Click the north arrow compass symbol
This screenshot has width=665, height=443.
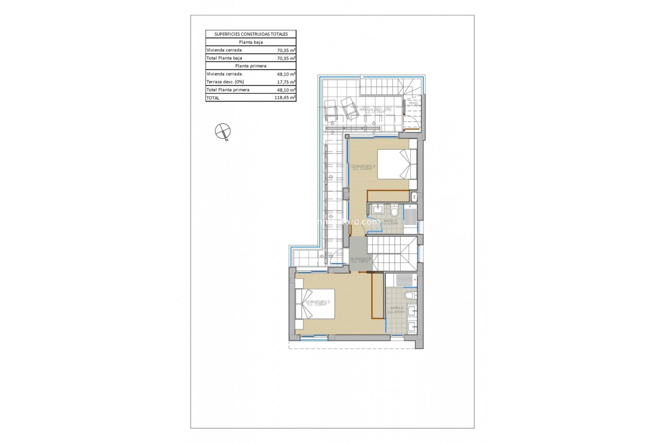[x=223, y=132]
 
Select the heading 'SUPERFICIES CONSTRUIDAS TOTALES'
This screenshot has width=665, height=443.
[x=251, y=34]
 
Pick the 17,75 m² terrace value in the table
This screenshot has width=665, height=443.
[x=286, y=82]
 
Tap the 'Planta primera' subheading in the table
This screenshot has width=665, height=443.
[x=251, y=66]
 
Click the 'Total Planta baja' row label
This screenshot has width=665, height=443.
[x=224, y=58]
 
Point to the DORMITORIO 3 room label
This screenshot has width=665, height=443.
[x=363, y=168]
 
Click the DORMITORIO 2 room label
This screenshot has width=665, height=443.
[x=318, y=303]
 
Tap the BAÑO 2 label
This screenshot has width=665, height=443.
[x=397, y=309]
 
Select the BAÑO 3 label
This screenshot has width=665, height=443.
[x=390, y=221]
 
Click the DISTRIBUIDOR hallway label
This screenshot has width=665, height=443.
[x=360, y=260]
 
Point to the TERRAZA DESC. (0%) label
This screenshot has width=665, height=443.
[x=375, y=110]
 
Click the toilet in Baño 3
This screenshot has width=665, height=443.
[x=394, y=211]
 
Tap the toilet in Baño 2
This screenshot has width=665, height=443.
[x=410, y=295]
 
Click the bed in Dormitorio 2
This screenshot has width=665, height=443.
[x=315, y=304]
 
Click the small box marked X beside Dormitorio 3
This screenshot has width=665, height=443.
[x=414, y=197]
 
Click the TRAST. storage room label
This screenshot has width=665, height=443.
[x=413, y=104]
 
